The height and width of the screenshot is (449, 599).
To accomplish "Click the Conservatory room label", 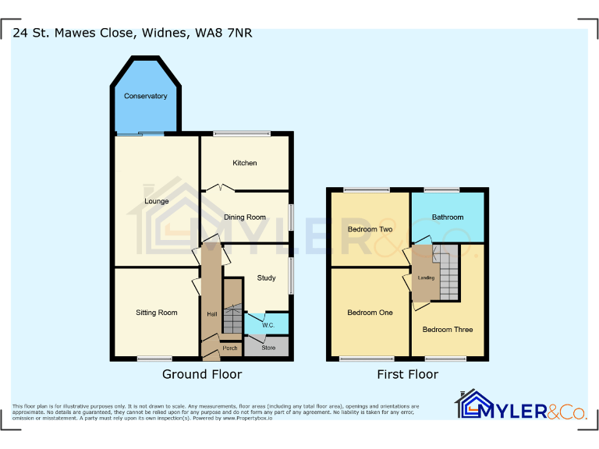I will (x=146, y=96).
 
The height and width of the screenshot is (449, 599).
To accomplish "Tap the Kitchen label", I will (x=244, y=163).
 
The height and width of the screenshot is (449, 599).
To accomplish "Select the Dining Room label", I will (x=245, y=217).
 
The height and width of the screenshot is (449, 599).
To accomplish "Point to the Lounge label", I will (x=157, y=201).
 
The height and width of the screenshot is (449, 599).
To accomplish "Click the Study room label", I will (x=266, y=278).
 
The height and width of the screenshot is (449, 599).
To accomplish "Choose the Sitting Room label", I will (x=157, y=313).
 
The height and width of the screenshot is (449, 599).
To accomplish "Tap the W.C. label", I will (x=267, y=324).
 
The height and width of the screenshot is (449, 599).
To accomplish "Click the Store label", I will (x=268, y=348).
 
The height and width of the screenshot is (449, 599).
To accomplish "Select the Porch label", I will (x=230, y=348).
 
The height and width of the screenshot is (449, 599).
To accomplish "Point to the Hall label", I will (x=211, y=314).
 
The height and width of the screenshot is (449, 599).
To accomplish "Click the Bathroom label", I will (x=448, y=217).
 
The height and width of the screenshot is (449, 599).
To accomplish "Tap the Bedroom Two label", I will (x=370, y=229).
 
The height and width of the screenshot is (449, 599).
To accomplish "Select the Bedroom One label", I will (x=370, y=313).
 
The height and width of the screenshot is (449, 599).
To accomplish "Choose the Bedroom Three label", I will (x=448, y=329).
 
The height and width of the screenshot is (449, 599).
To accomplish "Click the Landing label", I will (x=426, y=278).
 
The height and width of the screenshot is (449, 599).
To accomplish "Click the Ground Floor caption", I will (x=202, y=374).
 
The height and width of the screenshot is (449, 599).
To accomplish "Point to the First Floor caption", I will (x=407, y=374).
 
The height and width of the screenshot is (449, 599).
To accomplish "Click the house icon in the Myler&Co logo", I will (x=470, y=405).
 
